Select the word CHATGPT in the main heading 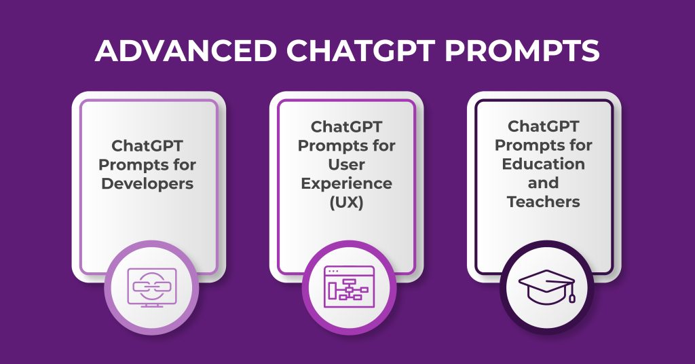point(354,52)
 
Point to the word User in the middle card point(347,164)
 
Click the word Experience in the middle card point(347,183)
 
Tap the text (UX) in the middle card point(347,202)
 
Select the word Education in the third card point(544,164)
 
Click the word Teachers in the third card point(544,202)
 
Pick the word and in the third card point(544,183)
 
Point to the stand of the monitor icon point(151,305)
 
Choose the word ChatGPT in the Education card point(544,127)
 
